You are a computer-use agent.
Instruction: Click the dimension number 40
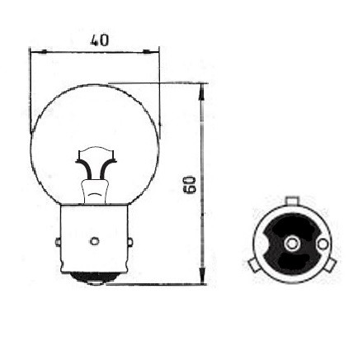coord(100,40)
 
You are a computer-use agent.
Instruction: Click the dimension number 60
coord(191,185)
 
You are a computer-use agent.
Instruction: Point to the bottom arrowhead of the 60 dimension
coord(202,274)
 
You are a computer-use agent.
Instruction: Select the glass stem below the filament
coord(94,192)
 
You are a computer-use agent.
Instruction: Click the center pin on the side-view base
coord(94,241)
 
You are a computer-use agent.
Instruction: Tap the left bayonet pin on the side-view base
coord(58,242)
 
